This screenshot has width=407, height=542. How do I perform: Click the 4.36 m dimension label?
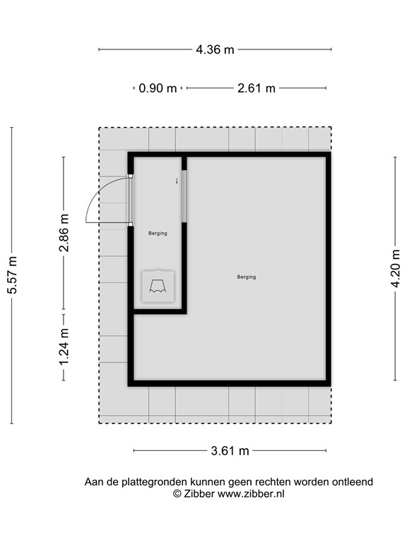(x=215, y=49)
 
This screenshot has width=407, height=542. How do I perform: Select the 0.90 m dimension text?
(x=158, y=88)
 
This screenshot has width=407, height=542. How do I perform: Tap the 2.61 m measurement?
(x=256, y=88)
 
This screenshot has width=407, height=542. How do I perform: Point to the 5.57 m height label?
(x=12, y=275)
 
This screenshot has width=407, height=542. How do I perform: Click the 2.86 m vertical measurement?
(x=64, y=233)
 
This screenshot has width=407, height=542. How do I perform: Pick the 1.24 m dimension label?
(x=64, y=347)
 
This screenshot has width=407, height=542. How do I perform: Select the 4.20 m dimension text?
(x=396, y=269)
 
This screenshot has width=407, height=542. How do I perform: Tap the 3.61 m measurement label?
(x=230, y=451)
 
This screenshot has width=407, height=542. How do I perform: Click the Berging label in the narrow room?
(x=158, y=234)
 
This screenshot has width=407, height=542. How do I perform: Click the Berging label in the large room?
(x=247, y=277)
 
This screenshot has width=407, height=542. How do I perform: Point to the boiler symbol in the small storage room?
(x=158, y=287)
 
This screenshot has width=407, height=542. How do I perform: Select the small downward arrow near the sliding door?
(x=177, y=181)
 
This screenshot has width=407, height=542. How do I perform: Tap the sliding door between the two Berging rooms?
(x=184, y=196)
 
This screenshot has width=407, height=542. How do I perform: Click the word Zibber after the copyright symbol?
(x=199, y=493)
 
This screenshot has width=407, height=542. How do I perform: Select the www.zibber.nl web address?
(x=251, y=493)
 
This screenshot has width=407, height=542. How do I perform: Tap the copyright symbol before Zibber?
(x=177, y=493)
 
